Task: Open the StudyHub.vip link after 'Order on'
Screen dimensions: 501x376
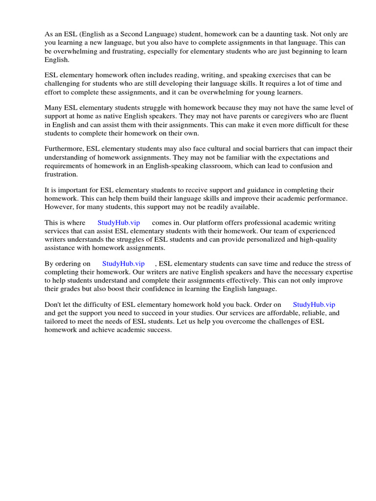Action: [314, 304]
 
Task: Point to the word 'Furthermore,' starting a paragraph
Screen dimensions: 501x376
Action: [65, 149]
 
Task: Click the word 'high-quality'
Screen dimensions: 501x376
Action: [331, 239]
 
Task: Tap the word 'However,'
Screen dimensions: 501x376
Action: [60, 206]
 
